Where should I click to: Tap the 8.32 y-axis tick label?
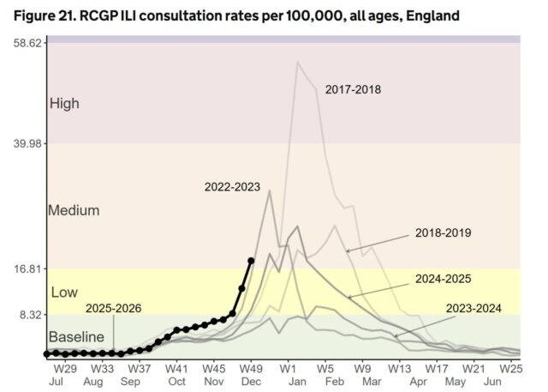tap(27, 315)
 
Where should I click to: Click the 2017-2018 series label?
tap(353, 88)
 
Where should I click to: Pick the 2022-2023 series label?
tap(232, 186)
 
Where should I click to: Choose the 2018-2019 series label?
tap(443, 232)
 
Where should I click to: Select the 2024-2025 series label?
tap(443, 279)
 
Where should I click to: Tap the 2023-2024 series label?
tap(473, 308)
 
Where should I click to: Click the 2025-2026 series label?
tap(114, 307)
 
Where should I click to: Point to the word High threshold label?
tap(64, 104)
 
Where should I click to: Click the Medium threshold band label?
tap(74, 210)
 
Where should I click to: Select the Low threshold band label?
tap(64, 292)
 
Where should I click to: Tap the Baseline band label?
tap(76, 336)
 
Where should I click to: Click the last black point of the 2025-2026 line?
tap(251, 261)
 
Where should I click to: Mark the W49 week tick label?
tap(250, 367)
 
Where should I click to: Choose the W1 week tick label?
tap(288, 367)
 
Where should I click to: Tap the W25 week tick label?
tap(512, 367)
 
